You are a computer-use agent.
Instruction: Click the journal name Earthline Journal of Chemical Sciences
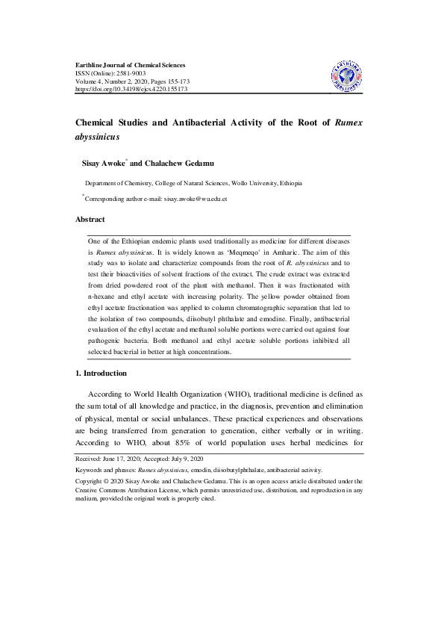point(131,65)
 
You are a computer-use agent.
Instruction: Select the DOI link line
point(131,89)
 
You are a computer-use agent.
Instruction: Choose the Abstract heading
point(90,219)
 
